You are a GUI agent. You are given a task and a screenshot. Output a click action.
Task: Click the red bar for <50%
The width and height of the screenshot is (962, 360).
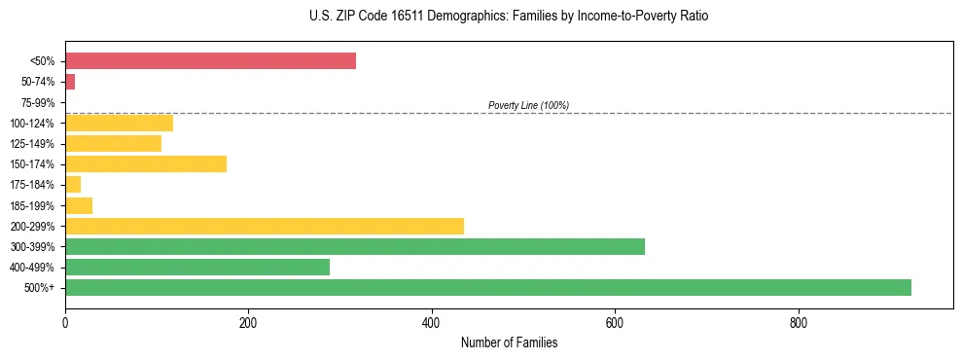point(210,61)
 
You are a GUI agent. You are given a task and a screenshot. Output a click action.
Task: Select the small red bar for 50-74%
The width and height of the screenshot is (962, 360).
point(70,82)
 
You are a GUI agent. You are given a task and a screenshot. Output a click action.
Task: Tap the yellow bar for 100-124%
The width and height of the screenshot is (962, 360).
point(119,123)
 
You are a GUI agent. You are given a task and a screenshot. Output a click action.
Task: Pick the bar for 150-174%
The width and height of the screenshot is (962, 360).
point(146,163)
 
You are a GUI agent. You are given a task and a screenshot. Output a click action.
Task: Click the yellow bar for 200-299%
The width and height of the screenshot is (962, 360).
point(265,226)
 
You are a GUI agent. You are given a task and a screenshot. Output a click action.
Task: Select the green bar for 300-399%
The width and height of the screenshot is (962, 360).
point(355,246)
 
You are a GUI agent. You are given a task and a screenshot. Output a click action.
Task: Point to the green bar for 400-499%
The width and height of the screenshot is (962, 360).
point(197,267)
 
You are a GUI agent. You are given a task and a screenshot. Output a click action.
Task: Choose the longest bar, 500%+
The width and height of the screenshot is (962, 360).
point(488,287)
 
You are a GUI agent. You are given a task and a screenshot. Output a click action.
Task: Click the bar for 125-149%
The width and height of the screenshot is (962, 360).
point(113,143)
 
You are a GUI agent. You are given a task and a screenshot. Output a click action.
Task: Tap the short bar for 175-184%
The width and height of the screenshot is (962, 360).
point(73,184)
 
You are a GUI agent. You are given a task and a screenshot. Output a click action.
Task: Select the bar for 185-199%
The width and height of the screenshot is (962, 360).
point(79,205)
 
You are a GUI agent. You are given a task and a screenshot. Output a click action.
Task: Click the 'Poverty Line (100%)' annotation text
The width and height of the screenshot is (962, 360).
point(528,105)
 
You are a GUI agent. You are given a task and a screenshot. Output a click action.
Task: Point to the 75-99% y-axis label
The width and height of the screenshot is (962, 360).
point(40,102)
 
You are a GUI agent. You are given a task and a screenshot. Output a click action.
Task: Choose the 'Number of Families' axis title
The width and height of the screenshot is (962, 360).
point(509,342)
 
